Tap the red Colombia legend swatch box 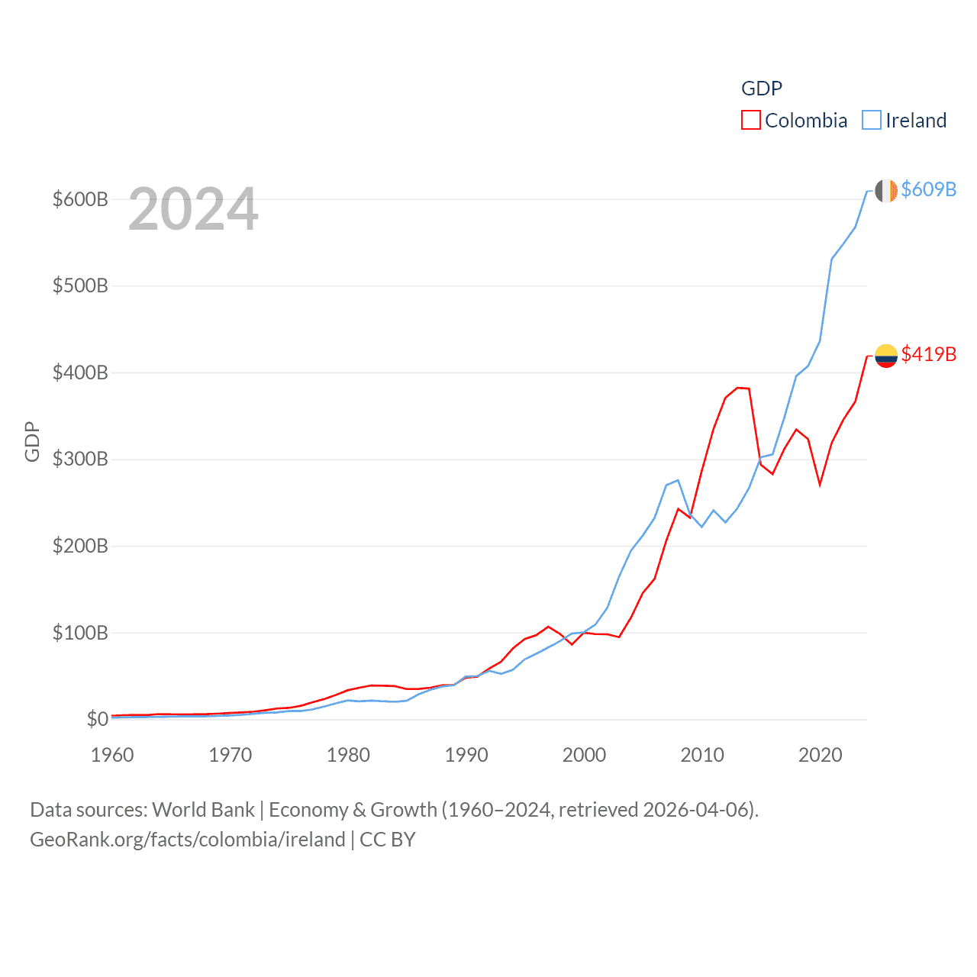click(751, 121)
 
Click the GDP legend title click(762, 89)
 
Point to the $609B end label click(928, 189)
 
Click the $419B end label click(928, 354)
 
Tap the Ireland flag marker click(886, 191)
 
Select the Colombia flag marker click(886, 356)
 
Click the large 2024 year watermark click(193, 209)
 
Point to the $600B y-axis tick click(80, 200)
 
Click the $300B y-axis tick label click(80, 459)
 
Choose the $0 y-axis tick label click(97, 719)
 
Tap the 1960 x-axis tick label click(112, 755)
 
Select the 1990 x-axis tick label click(466, 755)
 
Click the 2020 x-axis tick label click(821, 755)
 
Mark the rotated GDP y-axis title click(32, 441)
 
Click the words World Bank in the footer click(203, 809)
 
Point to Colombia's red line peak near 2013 click(738, 388)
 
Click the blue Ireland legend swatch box click(872, 121)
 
